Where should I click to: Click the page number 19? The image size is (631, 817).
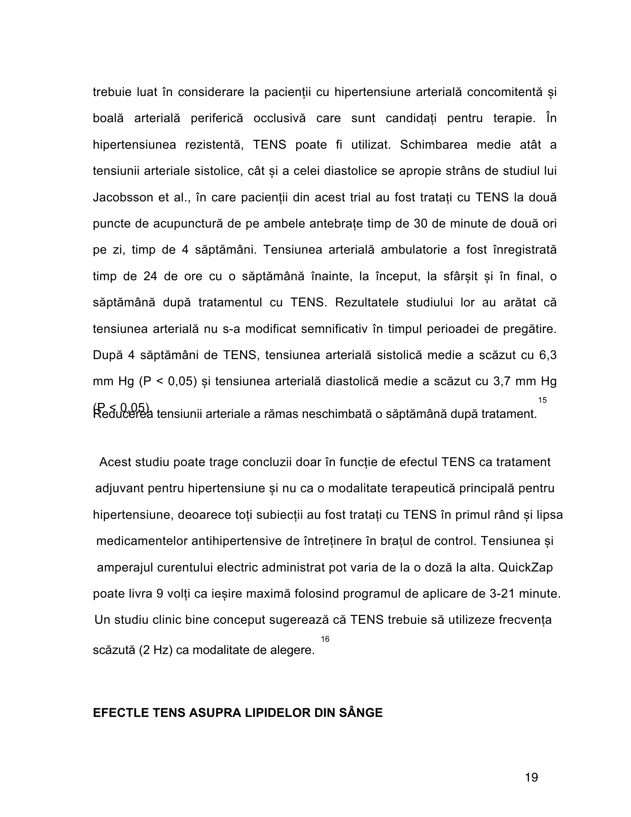531,777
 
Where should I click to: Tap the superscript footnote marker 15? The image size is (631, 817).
542,400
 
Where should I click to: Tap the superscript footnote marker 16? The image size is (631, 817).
325,638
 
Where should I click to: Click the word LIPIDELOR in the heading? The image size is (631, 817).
279,713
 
